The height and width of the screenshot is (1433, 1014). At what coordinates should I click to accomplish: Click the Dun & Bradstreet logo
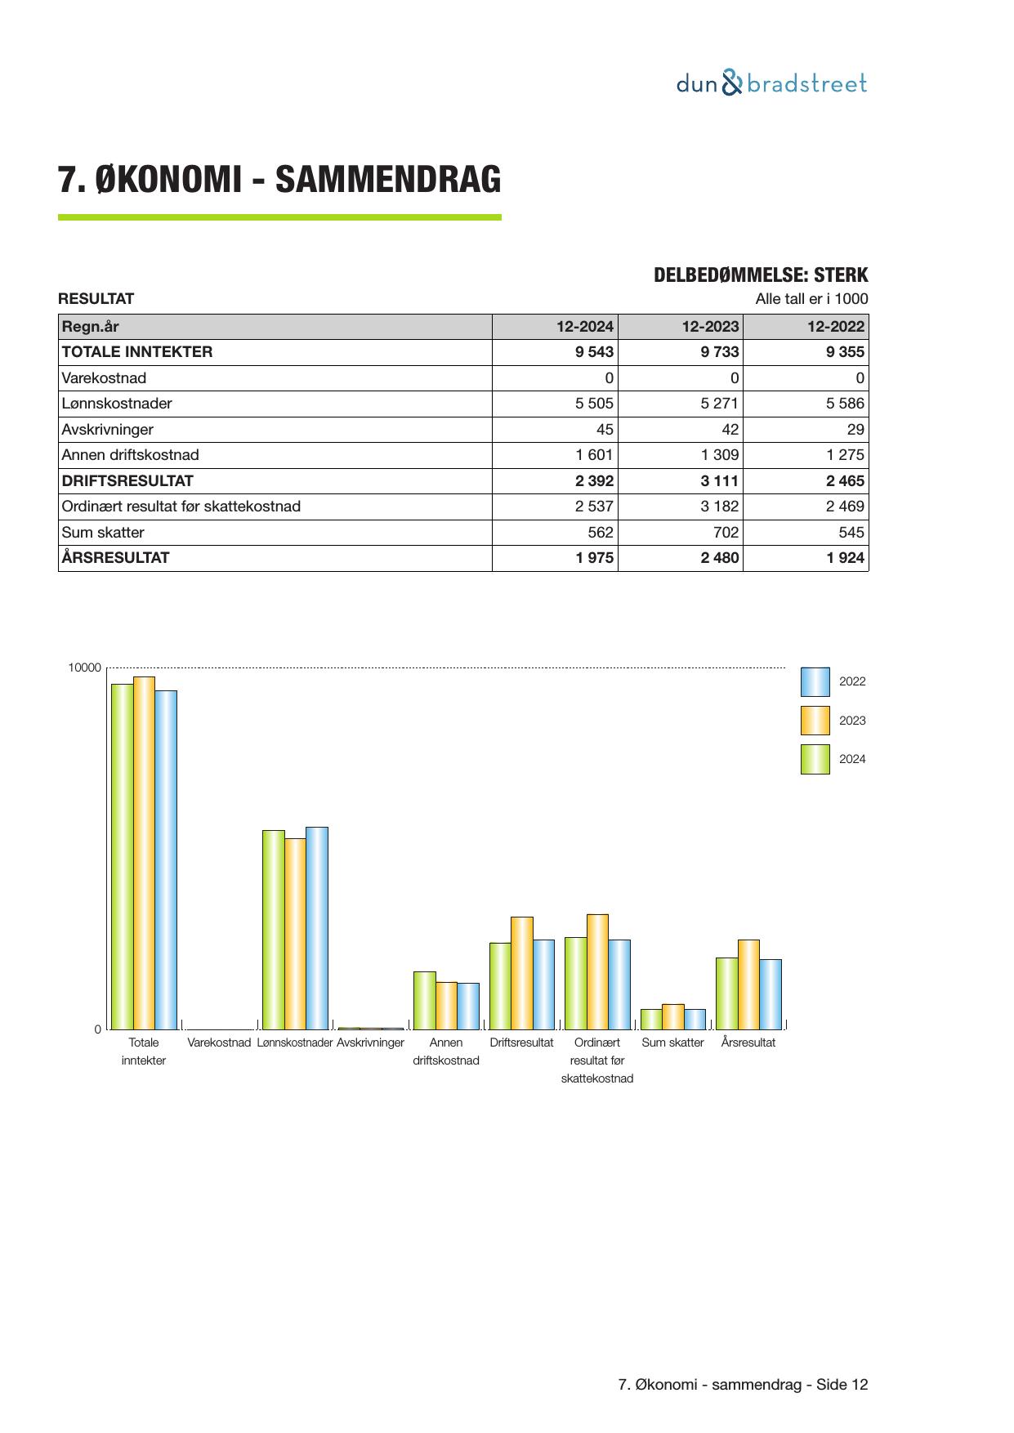point(771,83)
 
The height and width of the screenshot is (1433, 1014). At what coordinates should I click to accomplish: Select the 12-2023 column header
point(710,327)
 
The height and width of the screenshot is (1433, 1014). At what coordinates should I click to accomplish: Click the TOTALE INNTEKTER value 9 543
point(594,352)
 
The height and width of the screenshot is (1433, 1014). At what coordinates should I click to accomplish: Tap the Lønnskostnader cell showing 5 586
point(844,404)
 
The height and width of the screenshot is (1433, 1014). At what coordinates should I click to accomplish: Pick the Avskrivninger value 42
point(730,430)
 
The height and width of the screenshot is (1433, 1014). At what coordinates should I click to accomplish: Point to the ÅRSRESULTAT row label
point(116,558)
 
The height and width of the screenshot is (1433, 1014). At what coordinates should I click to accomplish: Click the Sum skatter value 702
point(723,533)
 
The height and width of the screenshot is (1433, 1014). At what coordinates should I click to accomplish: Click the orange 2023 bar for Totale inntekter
point(144,853)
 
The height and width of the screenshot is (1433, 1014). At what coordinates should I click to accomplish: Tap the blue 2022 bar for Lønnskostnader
point(317,928)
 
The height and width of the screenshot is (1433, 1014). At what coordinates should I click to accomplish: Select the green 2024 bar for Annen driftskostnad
point(424,1000)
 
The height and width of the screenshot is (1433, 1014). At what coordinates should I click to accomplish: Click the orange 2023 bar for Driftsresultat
point(521,973)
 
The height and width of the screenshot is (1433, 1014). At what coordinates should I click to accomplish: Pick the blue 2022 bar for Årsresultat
point(771,994)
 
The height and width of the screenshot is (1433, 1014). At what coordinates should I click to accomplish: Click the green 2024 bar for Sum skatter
point(651,1019)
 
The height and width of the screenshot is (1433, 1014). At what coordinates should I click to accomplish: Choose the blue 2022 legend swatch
point(815,681)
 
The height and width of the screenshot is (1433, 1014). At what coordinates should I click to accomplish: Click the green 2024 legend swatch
point(815,759)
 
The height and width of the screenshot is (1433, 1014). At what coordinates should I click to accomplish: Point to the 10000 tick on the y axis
point(85,668)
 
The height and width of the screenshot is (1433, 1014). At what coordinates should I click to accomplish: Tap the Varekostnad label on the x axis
point(219,1042)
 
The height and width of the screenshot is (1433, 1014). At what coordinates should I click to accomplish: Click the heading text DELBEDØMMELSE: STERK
point(761,275)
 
